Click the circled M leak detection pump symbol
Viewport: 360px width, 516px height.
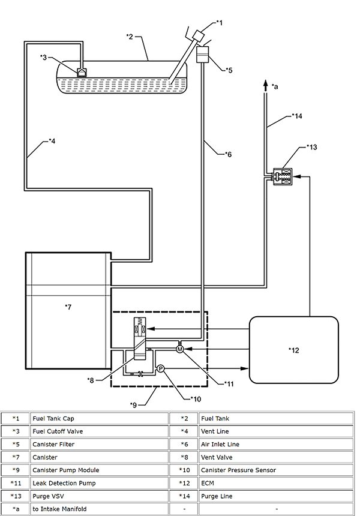click(x=179, y=349)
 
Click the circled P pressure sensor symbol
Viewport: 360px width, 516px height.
click(x=160, y=368)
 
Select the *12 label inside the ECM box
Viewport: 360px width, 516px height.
click(x=294, y=350)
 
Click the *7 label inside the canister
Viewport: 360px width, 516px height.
click(x=68, y=307)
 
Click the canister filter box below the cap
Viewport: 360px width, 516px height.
click(x=202, y=54)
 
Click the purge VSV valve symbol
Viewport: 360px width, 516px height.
click(x=283, y=177)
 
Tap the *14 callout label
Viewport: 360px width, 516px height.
click(x=297, y=116)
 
